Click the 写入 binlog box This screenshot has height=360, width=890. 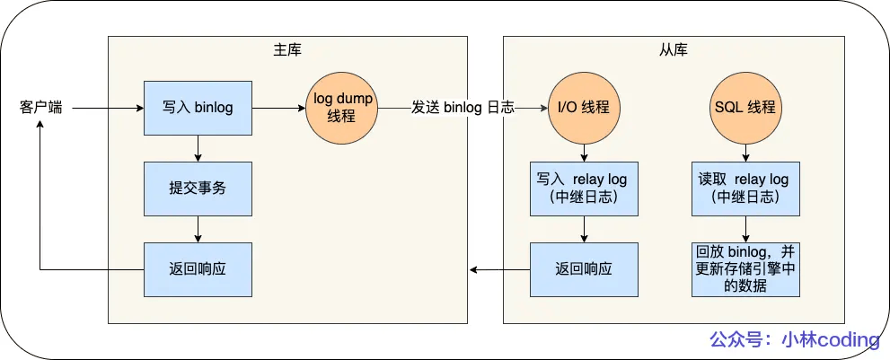click(x=198, y=108)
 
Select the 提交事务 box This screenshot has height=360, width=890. click(x=198, y=189)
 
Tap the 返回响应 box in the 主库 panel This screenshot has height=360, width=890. click(x=198, y=269)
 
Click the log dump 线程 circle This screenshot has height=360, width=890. click(x=342, y=108)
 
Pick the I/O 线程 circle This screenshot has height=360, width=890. click(x=584, y=108)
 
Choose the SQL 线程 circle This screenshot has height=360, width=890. click(x=745, y=108)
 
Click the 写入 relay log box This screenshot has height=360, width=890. click(x=584, y=189)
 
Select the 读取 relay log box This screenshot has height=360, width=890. click(x=745, y=189)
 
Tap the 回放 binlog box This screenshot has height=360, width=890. click(x=745, y=269)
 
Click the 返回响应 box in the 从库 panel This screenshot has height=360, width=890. click(x=584, y=269)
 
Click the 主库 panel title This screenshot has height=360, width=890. click(x=287, y=49)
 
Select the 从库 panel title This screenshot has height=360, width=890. click(x=674, y=49)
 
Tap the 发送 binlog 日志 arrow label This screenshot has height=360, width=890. click(x=463, y=108)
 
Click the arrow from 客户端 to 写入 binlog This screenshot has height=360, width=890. click(x=108, y=108)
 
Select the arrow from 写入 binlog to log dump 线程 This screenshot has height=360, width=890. click(x=278, y=108)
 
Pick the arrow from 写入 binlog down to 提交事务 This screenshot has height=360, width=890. click(x=198, y=148)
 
